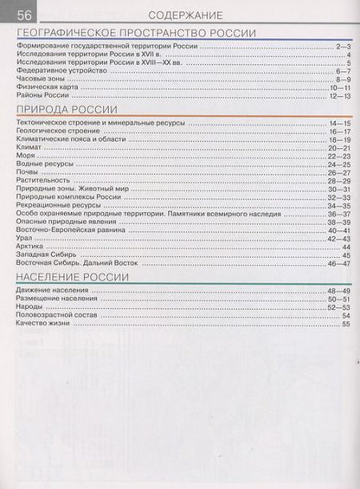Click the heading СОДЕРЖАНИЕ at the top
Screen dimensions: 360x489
(185, 15)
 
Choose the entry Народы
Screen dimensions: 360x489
(32, 306)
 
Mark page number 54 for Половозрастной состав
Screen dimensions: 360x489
(345, 315)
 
